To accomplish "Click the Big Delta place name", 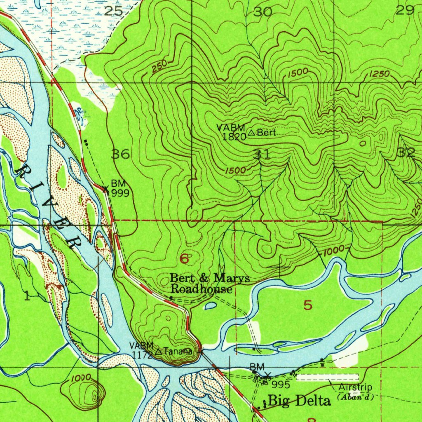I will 299,401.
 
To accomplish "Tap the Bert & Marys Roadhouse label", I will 209,284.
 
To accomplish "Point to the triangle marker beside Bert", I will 252,133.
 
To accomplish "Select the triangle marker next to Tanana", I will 159,352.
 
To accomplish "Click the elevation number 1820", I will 234,137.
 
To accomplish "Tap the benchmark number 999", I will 120,193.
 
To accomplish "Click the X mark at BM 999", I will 105,189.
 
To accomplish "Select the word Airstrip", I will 355,387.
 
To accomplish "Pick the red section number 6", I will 184,259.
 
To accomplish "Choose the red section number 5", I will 308,305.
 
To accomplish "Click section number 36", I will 121,155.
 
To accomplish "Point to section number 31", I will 263,155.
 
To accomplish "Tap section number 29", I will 405,11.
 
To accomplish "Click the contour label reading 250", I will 159,66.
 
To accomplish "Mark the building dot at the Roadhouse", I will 171,297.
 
